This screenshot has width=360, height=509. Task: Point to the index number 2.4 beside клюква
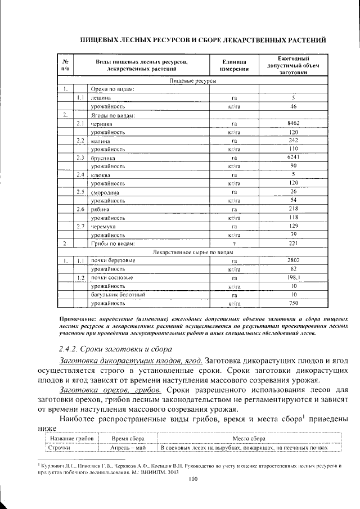[x=80, y=175]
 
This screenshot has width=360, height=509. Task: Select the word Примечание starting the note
[x=77, y=318]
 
